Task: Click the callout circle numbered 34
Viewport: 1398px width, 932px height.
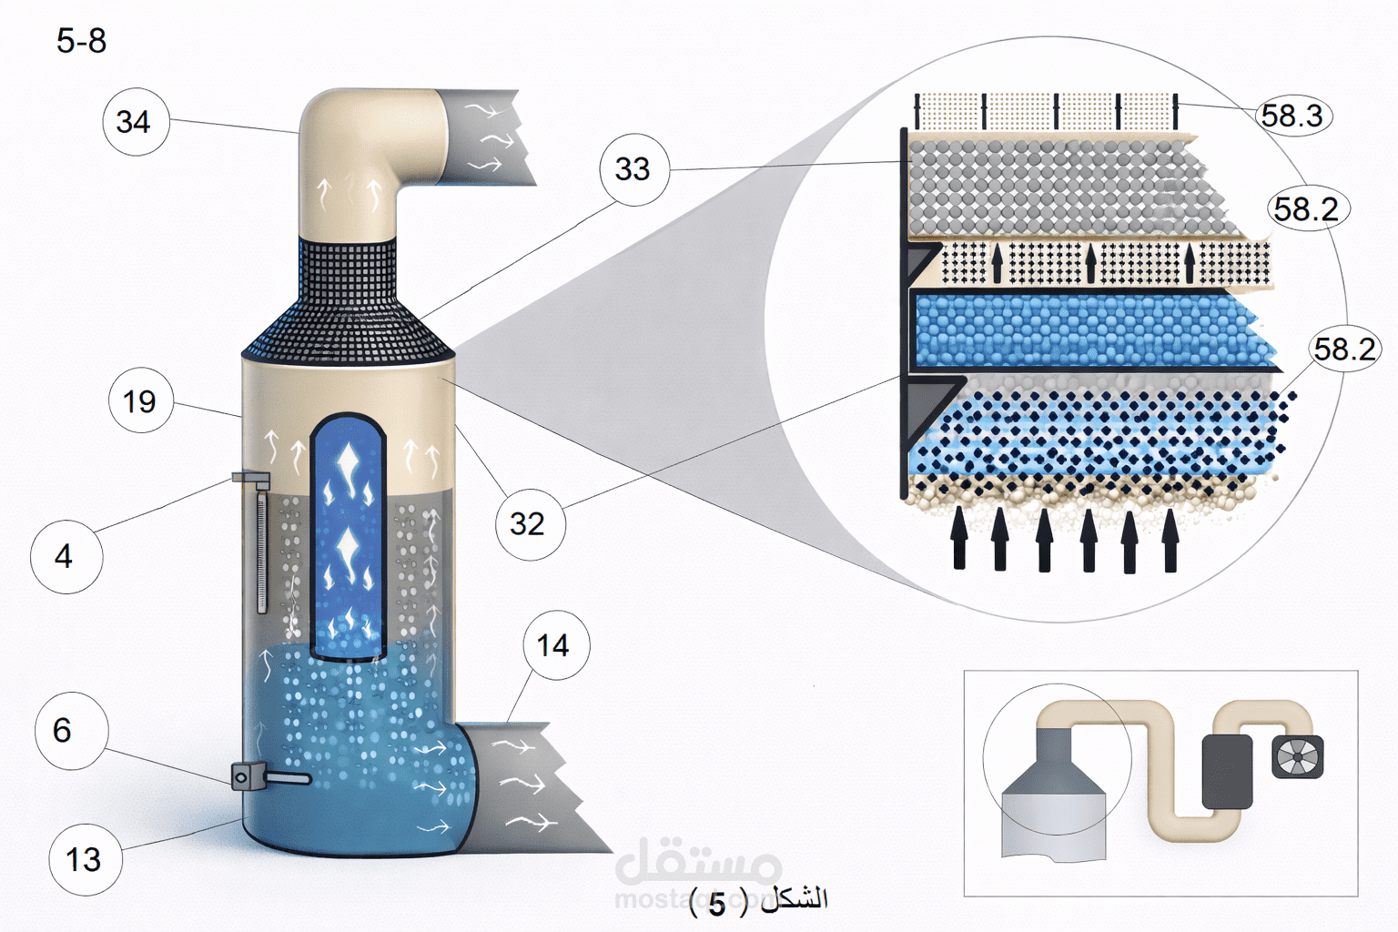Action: point(134,122)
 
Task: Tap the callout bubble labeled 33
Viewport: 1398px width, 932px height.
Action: point(633,169)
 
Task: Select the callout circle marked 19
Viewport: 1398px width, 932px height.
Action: point(140,401)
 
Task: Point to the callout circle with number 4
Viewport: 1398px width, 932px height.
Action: point(65,556)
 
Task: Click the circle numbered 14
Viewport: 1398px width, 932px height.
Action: point(554,646)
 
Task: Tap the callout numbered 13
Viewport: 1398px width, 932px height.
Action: point(84,859)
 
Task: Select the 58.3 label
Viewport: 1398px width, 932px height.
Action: point(1292,116)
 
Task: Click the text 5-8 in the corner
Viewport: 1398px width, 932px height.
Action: point(81,41)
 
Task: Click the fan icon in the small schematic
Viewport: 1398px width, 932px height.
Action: point(1297,758)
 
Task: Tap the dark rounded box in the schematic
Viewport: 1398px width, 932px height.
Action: point(1227,772)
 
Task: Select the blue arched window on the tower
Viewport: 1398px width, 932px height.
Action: point(348,537)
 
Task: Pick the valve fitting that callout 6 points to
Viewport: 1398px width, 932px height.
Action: point(248,776)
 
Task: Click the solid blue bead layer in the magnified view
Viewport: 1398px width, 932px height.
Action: point(1083,329)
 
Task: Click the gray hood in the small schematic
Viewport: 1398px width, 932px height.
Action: point(1053,783)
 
